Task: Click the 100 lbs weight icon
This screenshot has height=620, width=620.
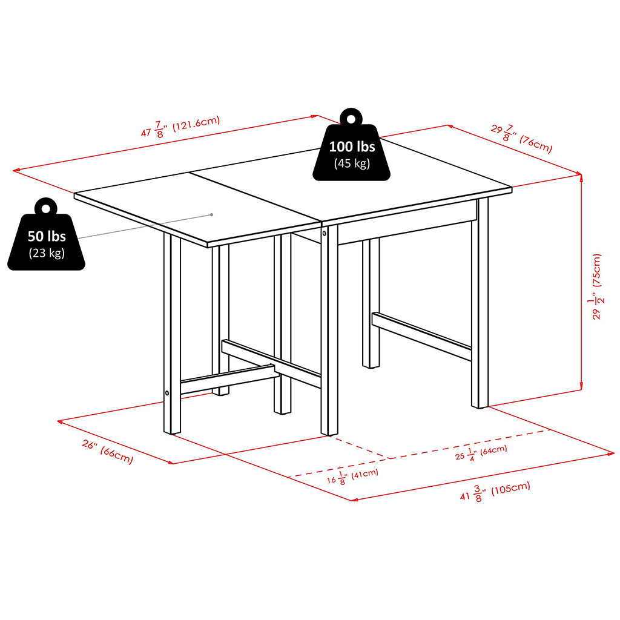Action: point(352,152)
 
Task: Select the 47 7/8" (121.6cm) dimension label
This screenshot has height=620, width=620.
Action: point(180,127)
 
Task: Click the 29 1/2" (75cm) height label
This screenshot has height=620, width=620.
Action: point(596,286)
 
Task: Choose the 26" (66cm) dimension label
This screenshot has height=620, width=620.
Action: point(108,452)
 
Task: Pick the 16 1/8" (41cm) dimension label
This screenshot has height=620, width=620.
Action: point(352,477)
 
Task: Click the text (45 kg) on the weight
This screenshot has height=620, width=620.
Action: point(352,163)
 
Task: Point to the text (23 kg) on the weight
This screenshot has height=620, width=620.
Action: point(46,252)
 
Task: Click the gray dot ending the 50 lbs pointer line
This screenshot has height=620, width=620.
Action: point(211,215)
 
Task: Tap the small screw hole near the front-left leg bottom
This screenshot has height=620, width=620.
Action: point(167,393)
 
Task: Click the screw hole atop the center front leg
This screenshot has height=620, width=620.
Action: point(325,233)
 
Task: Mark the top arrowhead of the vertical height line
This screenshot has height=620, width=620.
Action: point(581,177)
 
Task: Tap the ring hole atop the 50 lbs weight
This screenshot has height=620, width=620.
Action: point(46,208)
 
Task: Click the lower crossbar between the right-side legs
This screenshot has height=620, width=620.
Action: point(421,337)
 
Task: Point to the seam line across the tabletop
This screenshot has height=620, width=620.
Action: point(255,198)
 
